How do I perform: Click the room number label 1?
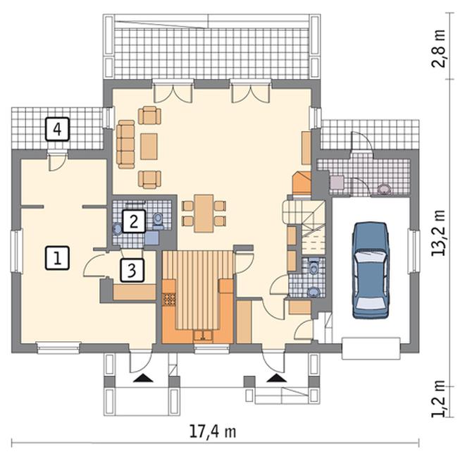pyautogui.click(x=57, y=258)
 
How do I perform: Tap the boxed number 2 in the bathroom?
pyautogui.click(x=134, y=221)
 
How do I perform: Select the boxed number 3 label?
pyautogui.click(x=132, y=270)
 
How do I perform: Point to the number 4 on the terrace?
pyautogui.click(x=57, y=129)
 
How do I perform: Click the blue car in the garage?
pyautogui.click(x=371, y=270)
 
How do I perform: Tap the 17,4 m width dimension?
pyautogui.click(x=213, y=431)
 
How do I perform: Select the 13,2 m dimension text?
pyautogui.click(x=438, y=233)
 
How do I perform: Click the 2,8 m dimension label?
pyautogui.click(x=438, y=49)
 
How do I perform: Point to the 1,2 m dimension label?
pyautogui.click(x=438, y=398)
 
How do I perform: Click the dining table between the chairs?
pyautogui.click(x=204, y=213)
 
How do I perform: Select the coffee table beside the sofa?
pyautogui.click(x=149, y=147)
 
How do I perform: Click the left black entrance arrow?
pyautogui.click(x=143, y=378)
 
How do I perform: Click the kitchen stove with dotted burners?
pyautogui.click(x=169, y=299)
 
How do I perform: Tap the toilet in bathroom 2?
pyautogui.click(x=158, y=221)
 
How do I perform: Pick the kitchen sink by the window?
pyautogui.click(x=203, y=336)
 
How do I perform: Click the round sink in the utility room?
pyautogui.click(x=385, y=189)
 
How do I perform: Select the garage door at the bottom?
pyautogui.click(x=371, y=348)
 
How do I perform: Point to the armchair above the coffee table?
pyautogui.click(x=149, y=115)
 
